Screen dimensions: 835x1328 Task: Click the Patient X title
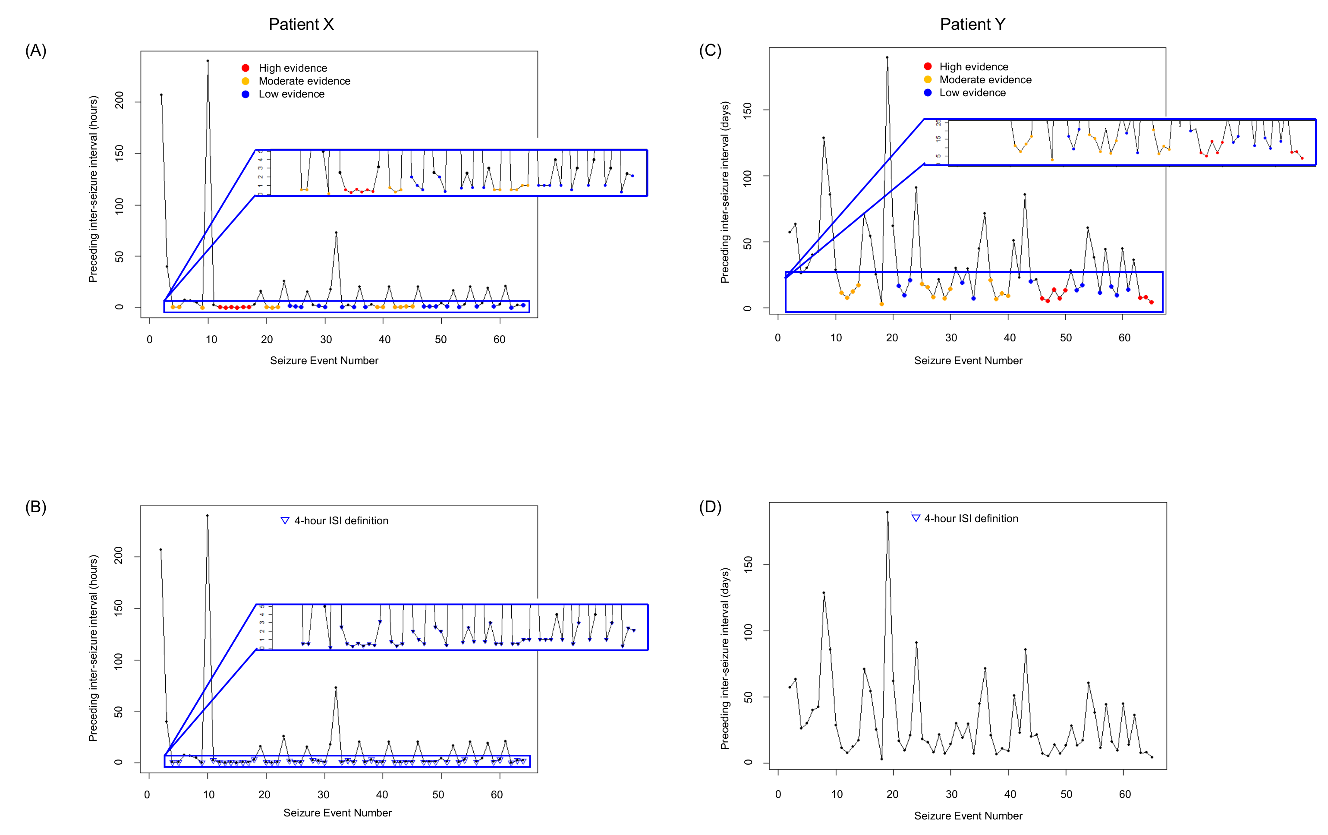tap(301, 24)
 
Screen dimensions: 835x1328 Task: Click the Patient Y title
tap(972, 24)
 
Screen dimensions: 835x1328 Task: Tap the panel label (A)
tap(36, 51)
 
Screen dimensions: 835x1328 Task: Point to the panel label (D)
tap(710, 507)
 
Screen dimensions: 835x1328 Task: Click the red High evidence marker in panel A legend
tap(245, 68)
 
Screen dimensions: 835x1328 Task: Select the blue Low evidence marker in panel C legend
tap(928, 93)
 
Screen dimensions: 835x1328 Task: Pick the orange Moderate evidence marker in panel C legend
tap(928, 79)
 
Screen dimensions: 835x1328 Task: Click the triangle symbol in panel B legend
tap(285, 520)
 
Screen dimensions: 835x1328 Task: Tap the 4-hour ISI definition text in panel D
tap(971, 518)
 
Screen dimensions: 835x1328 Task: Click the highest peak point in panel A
tap(208, 61)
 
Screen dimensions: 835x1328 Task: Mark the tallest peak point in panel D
tap(887, 512)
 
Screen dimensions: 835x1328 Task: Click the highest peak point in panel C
tap(887, 57)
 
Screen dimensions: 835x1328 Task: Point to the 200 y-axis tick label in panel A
tap(119, 101)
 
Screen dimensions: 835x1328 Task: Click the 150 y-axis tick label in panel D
tap(748, 564)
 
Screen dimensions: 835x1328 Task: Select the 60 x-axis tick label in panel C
tap(1124, 338)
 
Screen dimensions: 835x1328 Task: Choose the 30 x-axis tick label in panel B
tap(323, 795)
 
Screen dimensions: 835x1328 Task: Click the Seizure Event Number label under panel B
tap(337, 813)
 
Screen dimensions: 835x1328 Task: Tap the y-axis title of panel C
tap(725, 192)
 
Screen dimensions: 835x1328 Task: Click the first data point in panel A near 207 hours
tap(161, 95)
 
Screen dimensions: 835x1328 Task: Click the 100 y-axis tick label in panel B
tap(118, 661)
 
